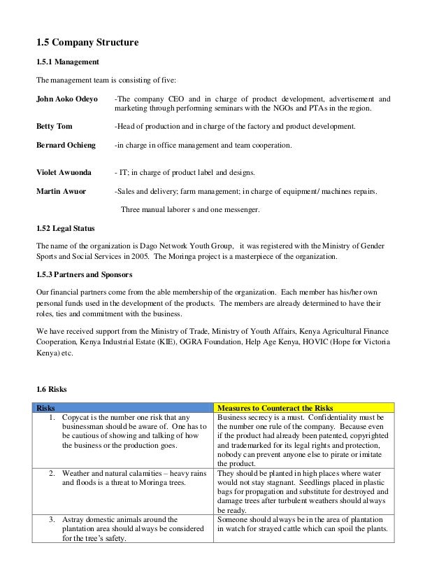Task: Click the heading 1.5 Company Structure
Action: point(87,43)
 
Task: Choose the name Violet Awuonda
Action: point(64,172)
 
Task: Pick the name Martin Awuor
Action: point(61,191)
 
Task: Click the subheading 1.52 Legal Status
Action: point(66,229)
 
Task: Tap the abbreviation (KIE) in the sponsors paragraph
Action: point(187,343)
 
